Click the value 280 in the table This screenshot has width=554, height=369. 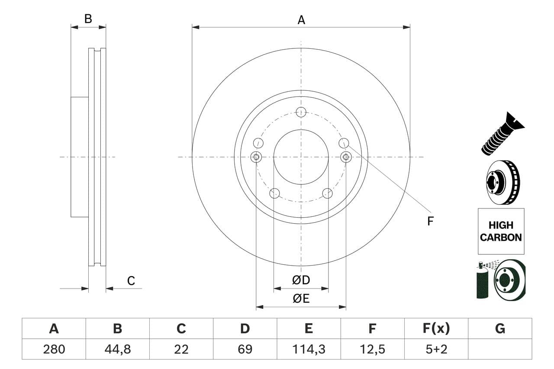coord(54,349)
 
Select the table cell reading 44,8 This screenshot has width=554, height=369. coord(117,349)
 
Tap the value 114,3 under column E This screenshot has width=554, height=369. coord(308,349)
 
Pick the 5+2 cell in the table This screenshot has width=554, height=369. coord(436,349)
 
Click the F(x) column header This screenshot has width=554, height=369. coord(436,329)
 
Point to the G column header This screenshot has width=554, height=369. coord(500,329)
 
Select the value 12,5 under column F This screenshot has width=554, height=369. coord(372,349)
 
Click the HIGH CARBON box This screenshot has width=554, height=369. coord(501,231)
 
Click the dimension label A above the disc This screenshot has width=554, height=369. coord(301,20)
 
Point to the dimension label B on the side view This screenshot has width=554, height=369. coord(88,19)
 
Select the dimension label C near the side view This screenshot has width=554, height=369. coord(131,281)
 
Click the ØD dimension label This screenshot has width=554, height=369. coord(301,280)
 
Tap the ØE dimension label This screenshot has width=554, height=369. coord(301,299)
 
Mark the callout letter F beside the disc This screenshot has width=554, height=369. coord(430,221)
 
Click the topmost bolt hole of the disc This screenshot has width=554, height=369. coord(301,112)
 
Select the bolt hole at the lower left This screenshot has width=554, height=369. coord(274,193)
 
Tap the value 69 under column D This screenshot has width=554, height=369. coord(245,349)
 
